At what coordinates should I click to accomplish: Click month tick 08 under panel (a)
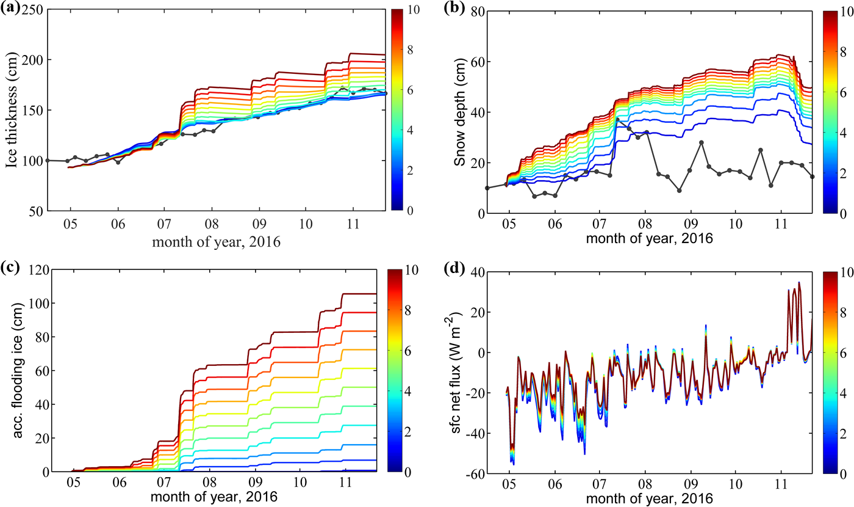212,224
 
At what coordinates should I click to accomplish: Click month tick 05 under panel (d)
509,484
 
